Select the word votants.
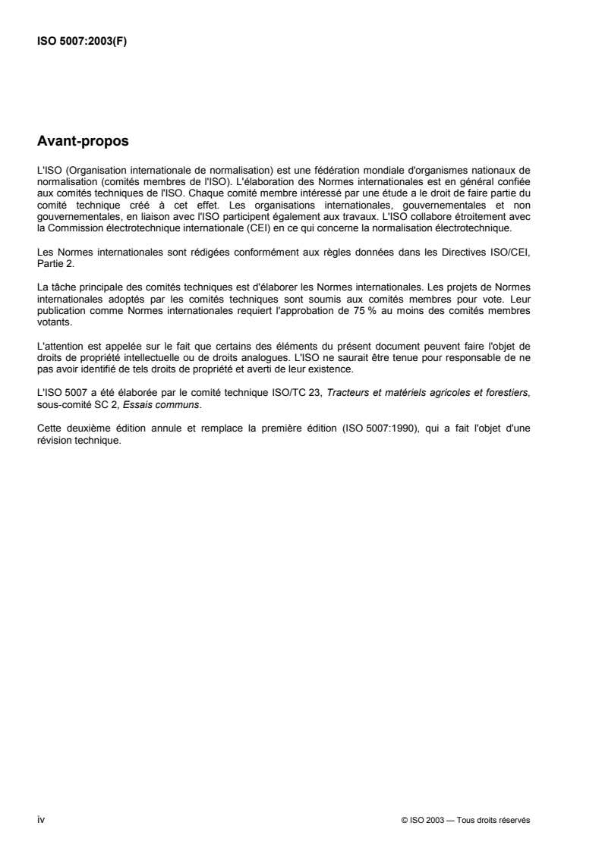click(52, 281)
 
